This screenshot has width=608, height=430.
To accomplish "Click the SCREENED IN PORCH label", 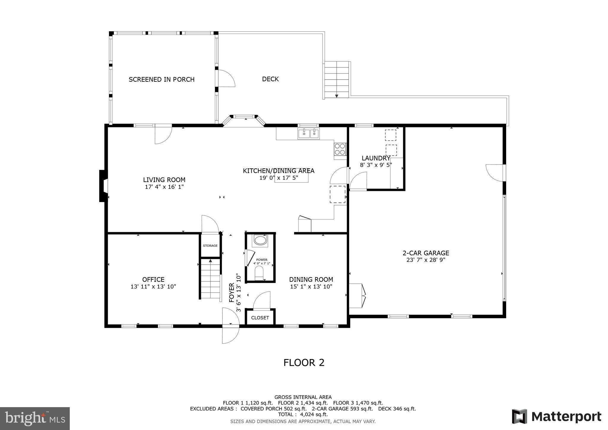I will coord(161,79).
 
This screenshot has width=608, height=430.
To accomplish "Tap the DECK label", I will coord(270,79).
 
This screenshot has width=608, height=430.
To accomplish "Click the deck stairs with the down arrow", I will coord(337,80).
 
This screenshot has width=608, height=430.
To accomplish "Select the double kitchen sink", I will coord(308,134).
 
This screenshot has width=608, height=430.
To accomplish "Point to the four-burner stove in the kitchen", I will coord(340,149).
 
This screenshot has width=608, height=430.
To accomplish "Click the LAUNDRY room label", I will coord(376,158).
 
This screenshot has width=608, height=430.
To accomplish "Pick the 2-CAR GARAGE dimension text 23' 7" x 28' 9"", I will coord(426,260).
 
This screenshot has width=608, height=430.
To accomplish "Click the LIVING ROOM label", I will coord(164,180).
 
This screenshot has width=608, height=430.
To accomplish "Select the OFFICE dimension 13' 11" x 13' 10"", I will coord(153,287).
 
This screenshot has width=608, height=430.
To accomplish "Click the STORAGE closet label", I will coord(210,246).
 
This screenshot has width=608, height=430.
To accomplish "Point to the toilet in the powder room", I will coord(259,273).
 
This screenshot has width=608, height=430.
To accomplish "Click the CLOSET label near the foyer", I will coord(260,318).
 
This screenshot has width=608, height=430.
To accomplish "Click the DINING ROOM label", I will coord(311,279).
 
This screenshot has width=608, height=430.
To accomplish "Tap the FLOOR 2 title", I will coord(304,363).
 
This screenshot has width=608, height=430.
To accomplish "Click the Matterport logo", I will coord(557,417).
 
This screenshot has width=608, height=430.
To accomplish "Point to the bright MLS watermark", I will coord(35,418).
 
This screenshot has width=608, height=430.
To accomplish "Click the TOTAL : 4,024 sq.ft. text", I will coord(303,414).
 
